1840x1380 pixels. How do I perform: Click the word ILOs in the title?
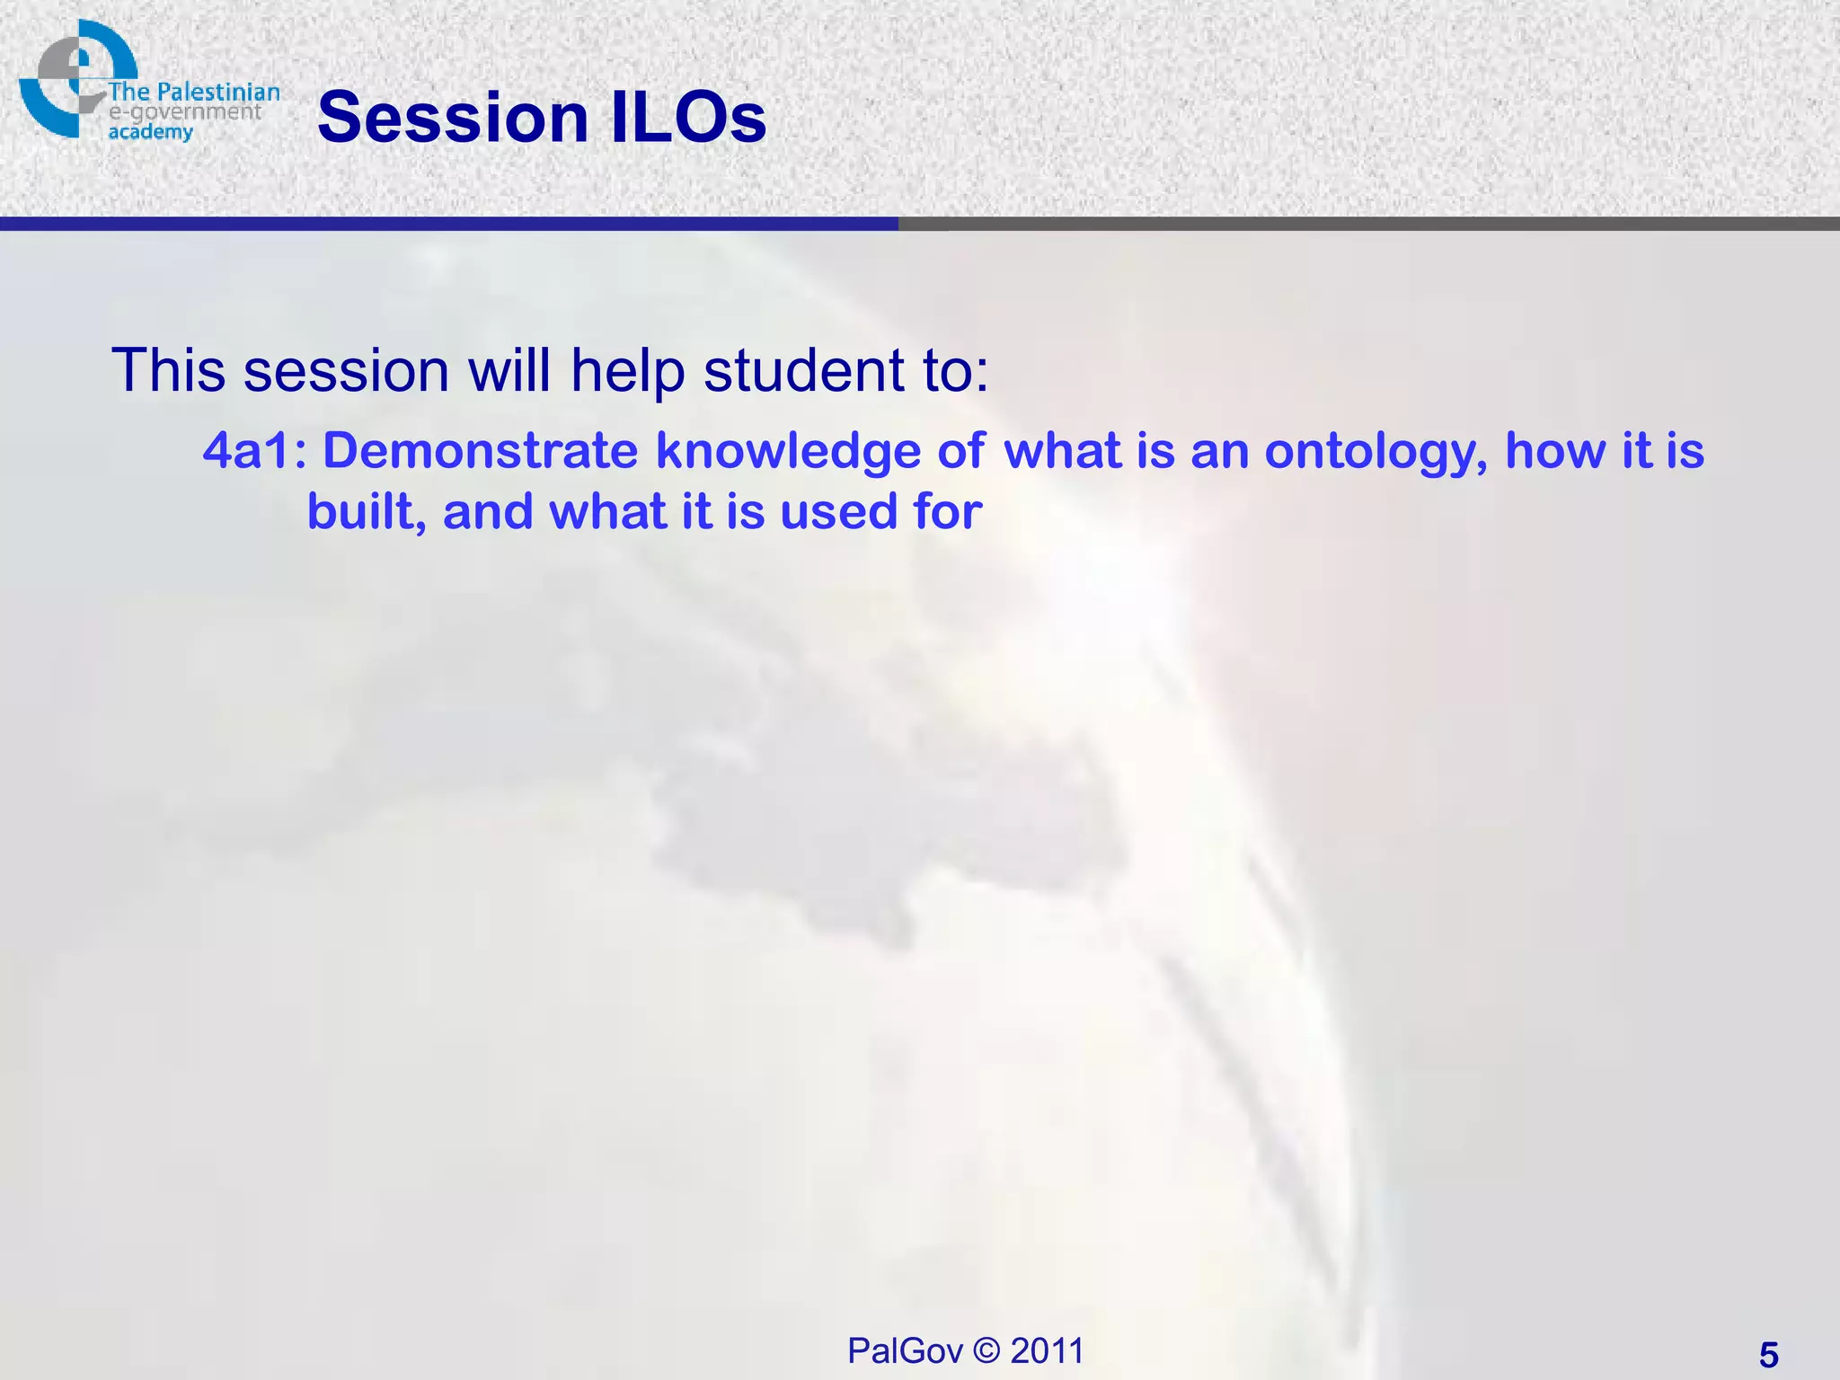tap(688, 118)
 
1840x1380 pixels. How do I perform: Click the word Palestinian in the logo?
tap(218, 93)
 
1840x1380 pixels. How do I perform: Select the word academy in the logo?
tap(150, 132)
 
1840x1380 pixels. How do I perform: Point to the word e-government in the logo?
tap(184, 112)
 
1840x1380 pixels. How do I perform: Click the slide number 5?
tap(1768, 1355)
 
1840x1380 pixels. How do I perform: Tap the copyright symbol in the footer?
tap(986, 1350)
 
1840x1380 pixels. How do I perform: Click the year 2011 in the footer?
tap(1047, 1350)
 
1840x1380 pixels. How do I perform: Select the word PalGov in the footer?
tap(905, 1350)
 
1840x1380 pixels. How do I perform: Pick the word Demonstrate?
tap(480, 450)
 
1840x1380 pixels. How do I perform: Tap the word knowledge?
tap(788, 452)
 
